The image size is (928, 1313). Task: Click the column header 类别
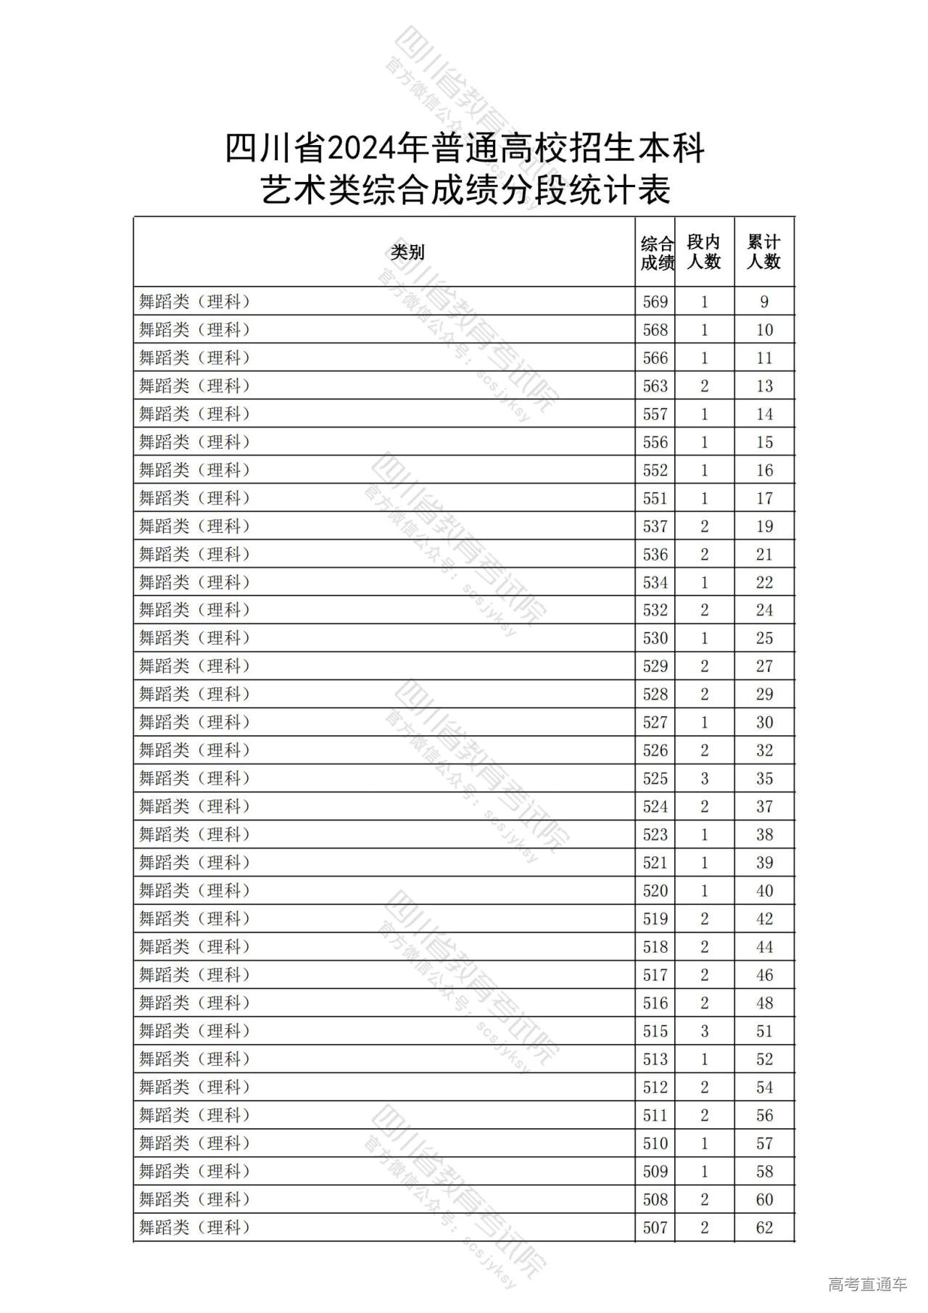coord(407,252)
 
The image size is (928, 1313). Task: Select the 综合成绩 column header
coord(656,253)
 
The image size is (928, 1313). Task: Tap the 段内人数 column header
coord(704,252)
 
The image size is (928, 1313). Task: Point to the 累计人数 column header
coord(763,252)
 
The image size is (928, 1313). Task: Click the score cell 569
coord(655,302)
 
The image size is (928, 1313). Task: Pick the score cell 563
coord(655,386)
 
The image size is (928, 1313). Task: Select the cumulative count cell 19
coord(764,526)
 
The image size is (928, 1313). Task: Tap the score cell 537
coord(655,526)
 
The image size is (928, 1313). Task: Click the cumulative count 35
coord(764,779)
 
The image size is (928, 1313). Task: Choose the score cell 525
coord(655,779)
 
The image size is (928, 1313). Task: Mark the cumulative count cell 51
coord(764,1031)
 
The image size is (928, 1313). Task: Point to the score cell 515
coord(655,1031)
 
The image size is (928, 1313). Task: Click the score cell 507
coord(655,1227)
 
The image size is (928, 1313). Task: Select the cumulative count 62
coord(764,1227)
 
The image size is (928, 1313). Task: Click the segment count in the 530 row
coord(704,638)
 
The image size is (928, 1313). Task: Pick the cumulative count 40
coord(764,891)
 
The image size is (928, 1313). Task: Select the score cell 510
coord(655,1143)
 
